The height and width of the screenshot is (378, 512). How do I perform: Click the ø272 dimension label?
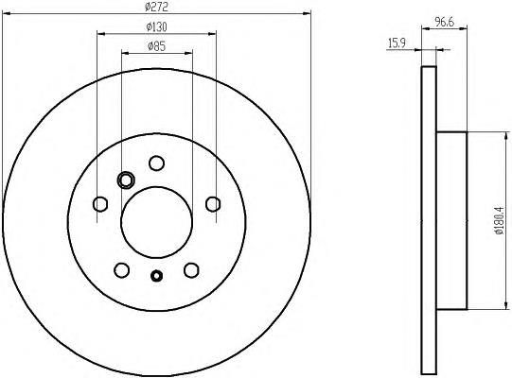coord(156,8)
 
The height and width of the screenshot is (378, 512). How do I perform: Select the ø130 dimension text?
coord(157,27)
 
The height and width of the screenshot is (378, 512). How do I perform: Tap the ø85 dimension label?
coord(157,46)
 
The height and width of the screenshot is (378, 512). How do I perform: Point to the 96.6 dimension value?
coord(445,22)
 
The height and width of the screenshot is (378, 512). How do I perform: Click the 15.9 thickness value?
coord(397,43)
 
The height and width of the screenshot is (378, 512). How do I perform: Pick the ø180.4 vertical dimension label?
coord(499,220)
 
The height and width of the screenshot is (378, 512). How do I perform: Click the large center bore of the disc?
coord(156,222)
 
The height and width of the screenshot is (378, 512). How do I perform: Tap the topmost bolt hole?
coord(156,163)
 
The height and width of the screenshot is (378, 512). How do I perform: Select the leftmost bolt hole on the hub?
coord(100,204)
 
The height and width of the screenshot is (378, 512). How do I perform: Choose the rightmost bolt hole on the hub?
coord(213,204)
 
